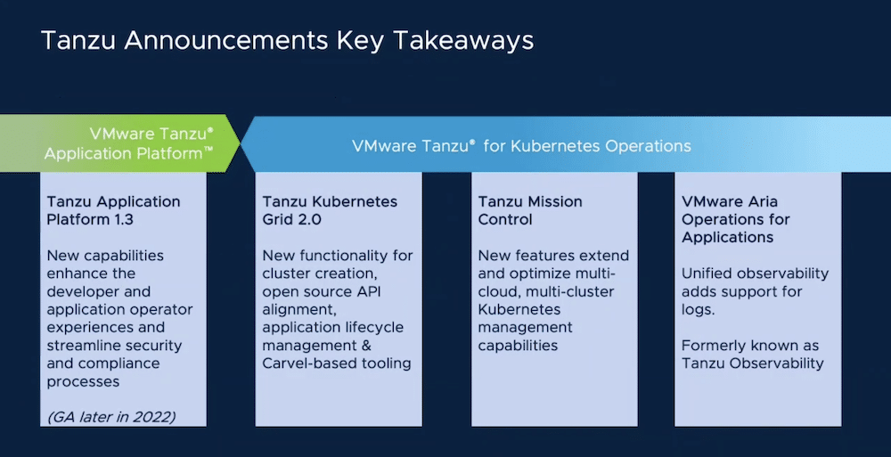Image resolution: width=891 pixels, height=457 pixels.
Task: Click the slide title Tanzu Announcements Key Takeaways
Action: pos(288,41)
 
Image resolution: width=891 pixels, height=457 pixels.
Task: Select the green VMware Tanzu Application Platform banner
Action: pos(120,143)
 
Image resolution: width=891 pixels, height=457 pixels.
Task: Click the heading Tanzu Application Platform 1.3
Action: pos(114,210)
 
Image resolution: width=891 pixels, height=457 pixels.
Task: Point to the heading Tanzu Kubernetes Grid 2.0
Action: pos(330,210)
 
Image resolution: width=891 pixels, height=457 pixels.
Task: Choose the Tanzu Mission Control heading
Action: pos(530,210)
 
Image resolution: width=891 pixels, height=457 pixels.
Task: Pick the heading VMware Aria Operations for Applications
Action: pos(736,219)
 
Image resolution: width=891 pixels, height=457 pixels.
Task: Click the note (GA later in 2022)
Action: pos(111,417)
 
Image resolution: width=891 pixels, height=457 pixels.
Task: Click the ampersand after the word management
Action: pos(366,345)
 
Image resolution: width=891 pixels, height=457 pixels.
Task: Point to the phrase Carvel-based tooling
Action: pos(337,363)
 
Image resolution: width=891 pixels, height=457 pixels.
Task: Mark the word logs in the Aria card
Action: pos(699,310)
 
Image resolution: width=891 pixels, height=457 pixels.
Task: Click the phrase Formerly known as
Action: pos(750,346)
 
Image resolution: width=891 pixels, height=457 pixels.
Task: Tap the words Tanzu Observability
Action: pos(752,363)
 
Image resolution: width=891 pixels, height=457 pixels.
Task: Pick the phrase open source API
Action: pos(321,292)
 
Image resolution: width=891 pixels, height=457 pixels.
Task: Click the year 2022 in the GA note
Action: pos(153,417)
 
